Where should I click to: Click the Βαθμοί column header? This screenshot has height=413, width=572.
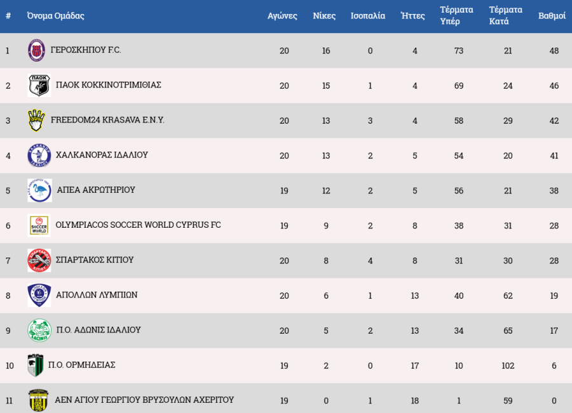click(x=552, y=16)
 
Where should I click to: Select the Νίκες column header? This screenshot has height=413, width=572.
click(x=324, y=16)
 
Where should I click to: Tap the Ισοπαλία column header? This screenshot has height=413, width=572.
click(x=368, y=16)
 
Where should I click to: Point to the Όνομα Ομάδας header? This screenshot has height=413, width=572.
click(x=56, y=16)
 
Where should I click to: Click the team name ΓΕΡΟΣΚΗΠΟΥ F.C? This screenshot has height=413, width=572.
click(x=86, y=50)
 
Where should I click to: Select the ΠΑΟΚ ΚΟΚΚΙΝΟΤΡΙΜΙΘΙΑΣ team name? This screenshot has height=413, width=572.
click(x=109, y=85)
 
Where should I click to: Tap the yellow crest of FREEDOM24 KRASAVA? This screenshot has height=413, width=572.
click(x=37, y=120)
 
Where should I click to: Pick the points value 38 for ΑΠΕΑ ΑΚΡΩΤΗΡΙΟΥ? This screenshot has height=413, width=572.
click(x=554, y=190)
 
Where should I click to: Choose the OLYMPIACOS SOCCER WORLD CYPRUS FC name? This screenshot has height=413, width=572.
click(x=139, y=225)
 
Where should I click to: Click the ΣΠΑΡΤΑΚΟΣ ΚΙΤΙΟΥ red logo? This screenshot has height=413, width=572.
click(x=39, y=260)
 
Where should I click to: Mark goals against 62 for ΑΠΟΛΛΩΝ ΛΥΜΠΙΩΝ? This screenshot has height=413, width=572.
click(x=508, y=296)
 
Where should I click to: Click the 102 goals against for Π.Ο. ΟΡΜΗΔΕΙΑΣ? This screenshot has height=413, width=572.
click(x=508, y=365)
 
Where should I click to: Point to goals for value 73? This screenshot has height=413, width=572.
click(x=459, y=51)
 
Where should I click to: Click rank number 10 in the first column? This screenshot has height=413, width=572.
click(x=9, y=365)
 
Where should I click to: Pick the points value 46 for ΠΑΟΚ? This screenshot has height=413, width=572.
click(x=554, y=86)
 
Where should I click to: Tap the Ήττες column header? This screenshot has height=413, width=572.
click(x=413, y=16)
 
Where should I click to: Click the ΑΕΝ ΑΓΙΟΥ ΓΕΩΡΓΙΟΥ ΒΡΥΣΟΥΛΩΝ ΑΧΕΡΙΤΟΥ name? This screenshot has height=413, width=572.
click(x=144, y=400)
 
